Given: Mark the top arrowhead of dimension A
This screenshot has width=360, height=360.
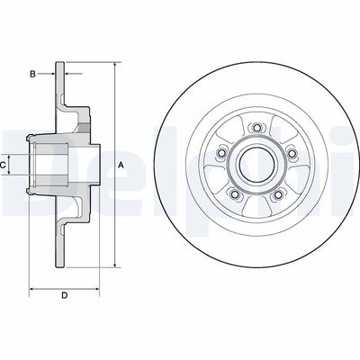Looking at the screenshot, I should point(115,66).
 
